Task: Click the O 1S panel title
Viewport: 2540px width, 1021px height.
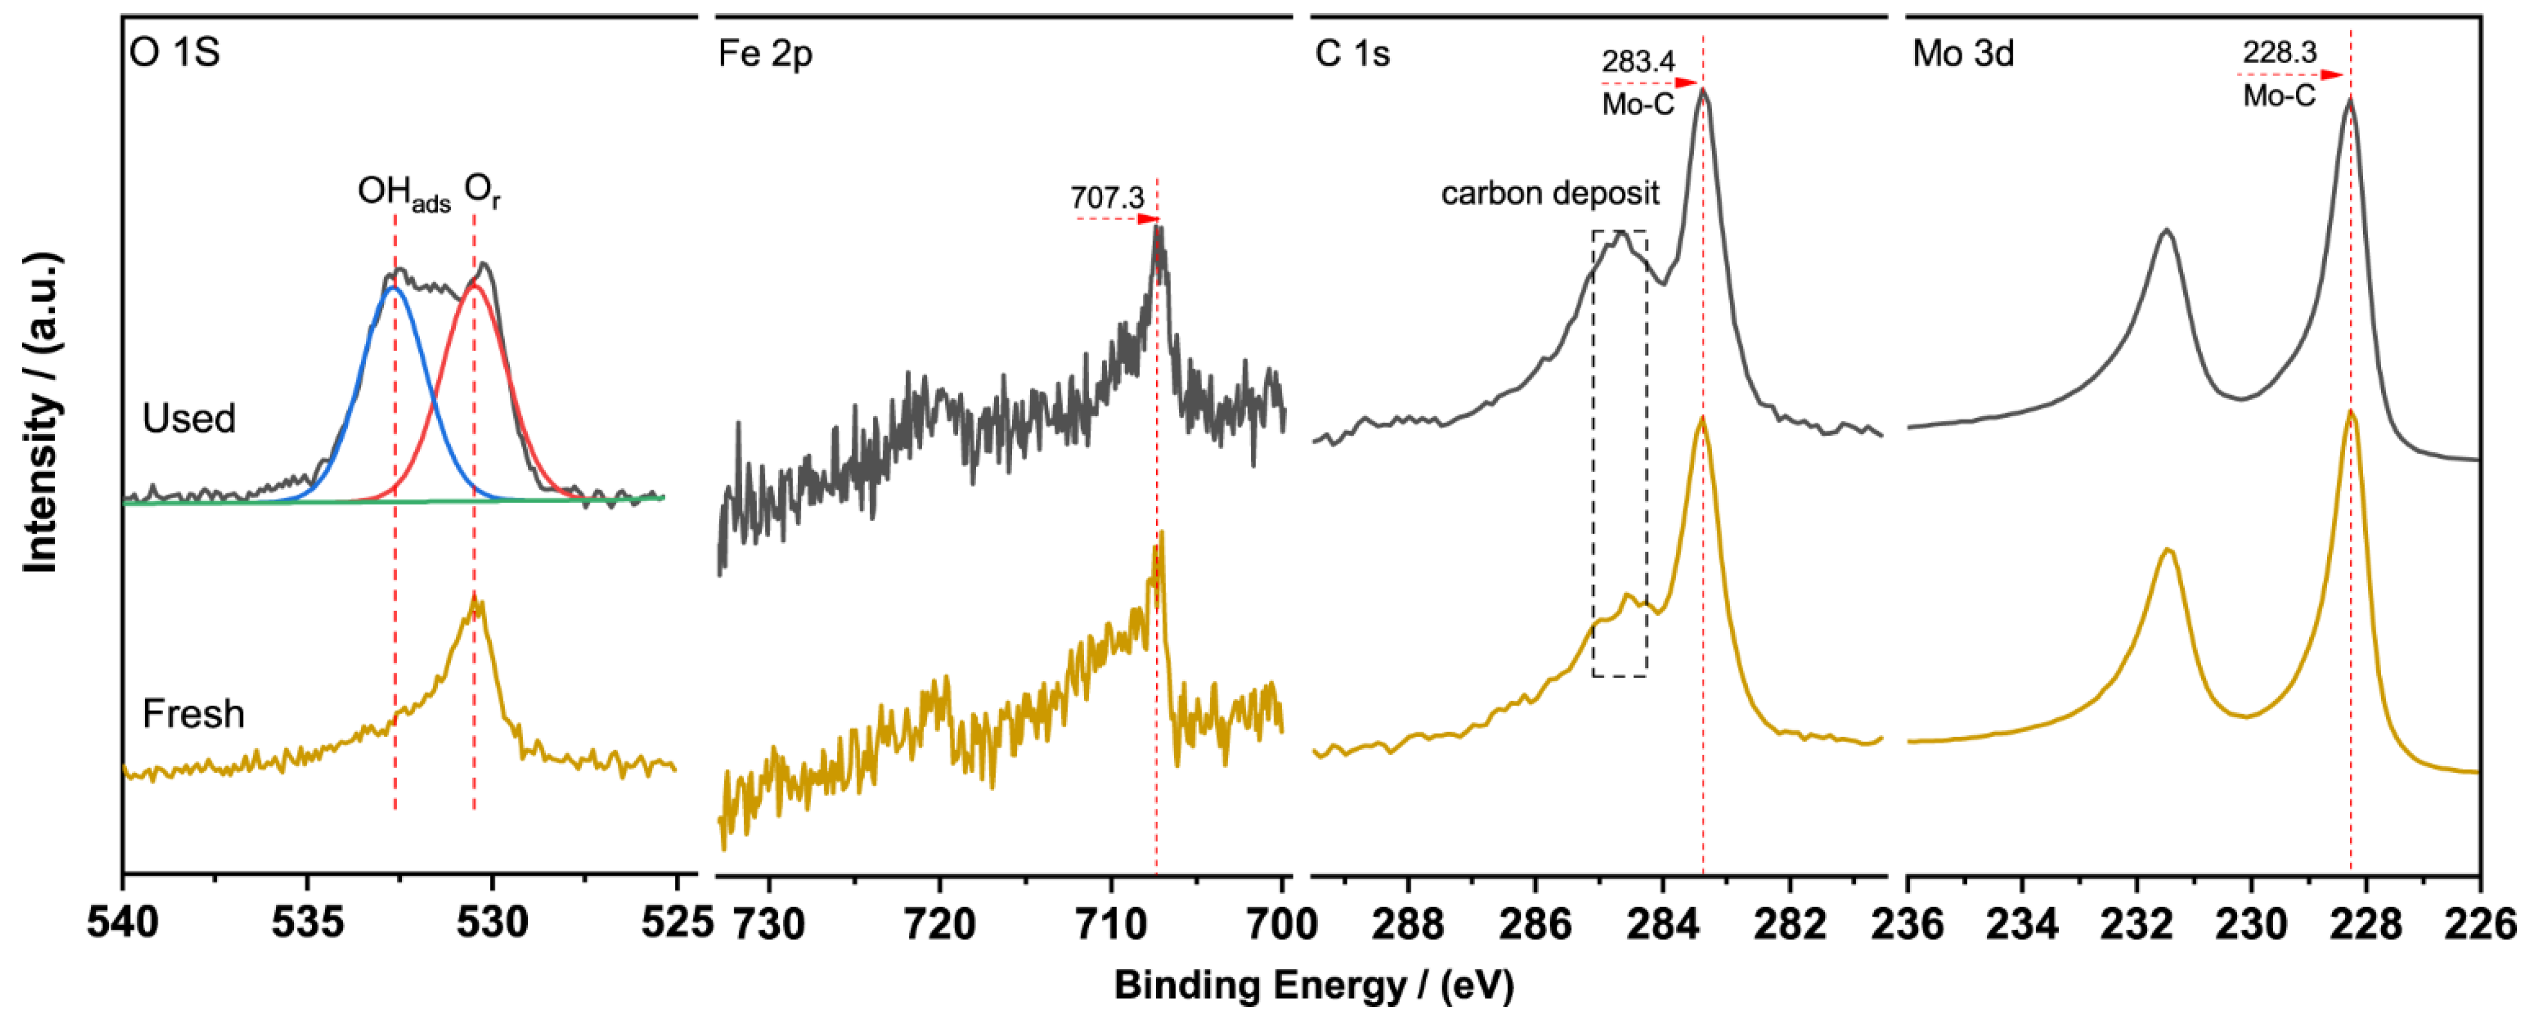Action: (175, 52)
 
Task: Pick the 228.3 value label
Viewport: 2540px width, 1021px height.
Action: (2278, 52)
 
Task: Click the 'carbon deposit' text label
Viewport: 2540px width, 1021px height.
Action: (1550, 193)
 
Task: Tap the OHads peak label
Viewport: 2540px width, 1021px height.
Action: (403, 192)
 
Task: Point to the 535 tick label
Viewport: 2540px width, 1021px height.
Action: (308, 923)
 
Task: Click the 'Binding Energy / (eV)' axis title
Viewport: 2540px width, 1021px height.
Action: (1313, 986)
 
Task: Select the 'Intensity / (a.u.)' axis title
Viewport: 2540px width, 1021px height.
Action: (41, 412)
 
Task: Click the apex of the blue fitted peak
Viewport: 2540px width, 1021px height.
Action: (394, 289)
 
